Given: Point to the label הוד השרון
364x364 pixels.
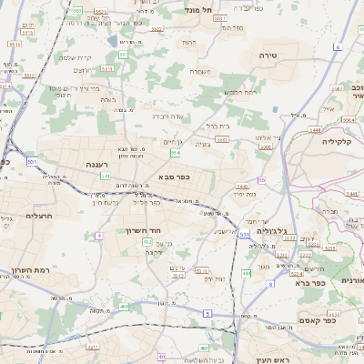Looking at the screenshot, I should click(x=144, y=231).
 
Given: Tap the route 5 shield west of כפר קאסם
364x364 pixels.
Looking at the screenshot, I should click(x=207, y=313).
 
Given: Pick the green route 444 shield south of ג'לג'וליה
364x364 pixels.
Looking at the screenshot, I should click(x=246, y=273).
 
